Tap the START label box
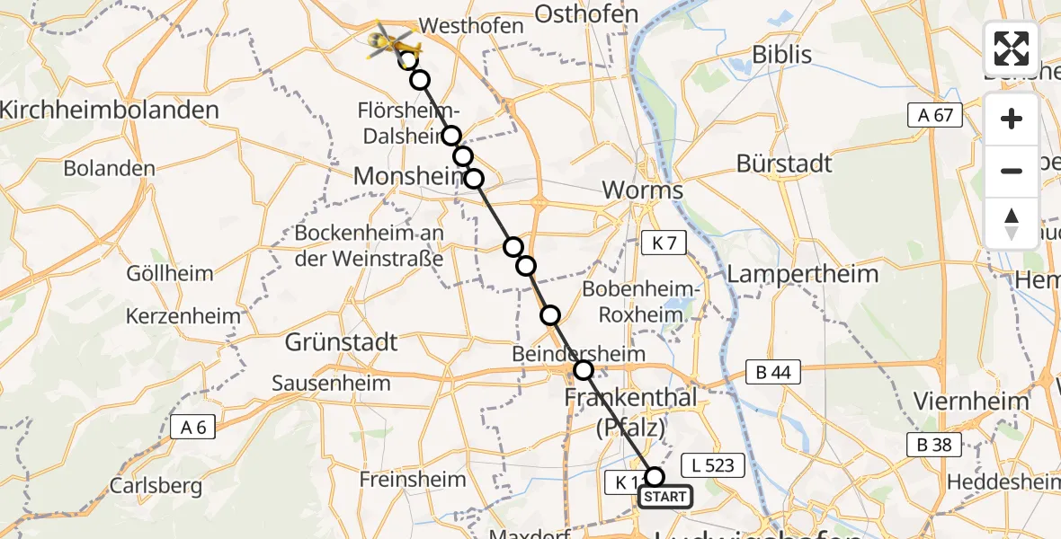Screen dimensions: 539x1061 tap(665, 497)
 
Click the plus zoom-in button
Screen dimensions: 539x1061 tap(1012, 119)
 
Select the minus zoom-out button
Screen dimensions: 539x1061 tap(1012, 171)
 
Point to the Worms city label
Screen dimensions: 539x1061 tap(642, 190)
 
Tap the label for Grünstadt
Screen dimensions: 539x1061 tap(341, 342)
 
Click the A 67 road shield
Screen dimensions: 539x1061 tap(935, 114)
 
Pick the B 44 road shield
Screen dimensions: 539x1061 tap(772, 373)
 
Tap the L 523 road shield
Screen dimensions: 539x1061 tap(714, 465)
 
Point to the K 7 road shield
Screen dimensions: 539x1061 tap(664, 241)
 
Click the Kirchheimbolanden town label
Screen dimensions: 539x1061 tap(110, 110)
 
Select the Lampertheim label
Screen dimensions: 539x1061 tap(802, 274)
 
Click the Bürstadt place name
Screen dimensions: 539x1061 tap(784, 163)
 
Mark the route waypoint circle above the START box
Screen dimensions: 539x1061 tap(655, 477)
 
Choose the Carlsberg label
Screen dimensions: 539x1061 tap(151, 486)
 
